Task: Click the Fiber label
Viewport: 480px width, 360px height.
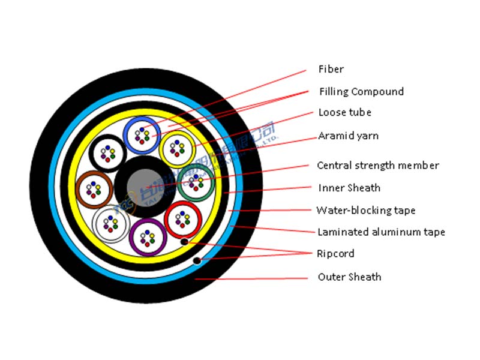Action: (x=331, y=70)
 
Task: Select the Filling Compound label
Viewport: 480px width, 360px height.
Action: (x=361, y=92)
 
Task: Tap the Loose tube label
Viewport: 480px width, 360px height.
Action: (x=344, y=112)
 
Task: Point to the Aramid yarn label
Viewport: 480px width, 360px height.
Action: (x=348, y=136)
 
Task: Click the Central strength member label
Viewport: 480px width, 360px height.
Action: (x=378, y=166)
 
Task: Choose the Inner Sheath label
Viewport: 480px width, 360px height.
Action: (x=349, y=188)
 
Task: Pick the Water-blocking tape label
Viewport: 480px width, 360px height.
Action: (x=366, y=210)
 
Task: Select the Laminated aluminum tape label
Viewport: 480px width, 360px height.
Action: (x=381, y=232)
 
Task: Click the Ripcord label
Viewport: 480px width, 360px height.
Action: (x=335, y=254)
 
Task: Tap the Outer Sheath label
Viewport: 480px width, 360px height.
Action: (x=349, y=277)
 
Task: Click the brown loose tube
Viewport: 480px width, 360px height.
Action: (x=95, y=189)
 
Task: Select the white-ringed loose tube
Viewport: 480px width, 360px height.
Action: (x=111, y=224)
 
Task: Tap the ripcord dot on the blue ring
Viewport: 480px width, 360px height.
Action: (x=196, y=261)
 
